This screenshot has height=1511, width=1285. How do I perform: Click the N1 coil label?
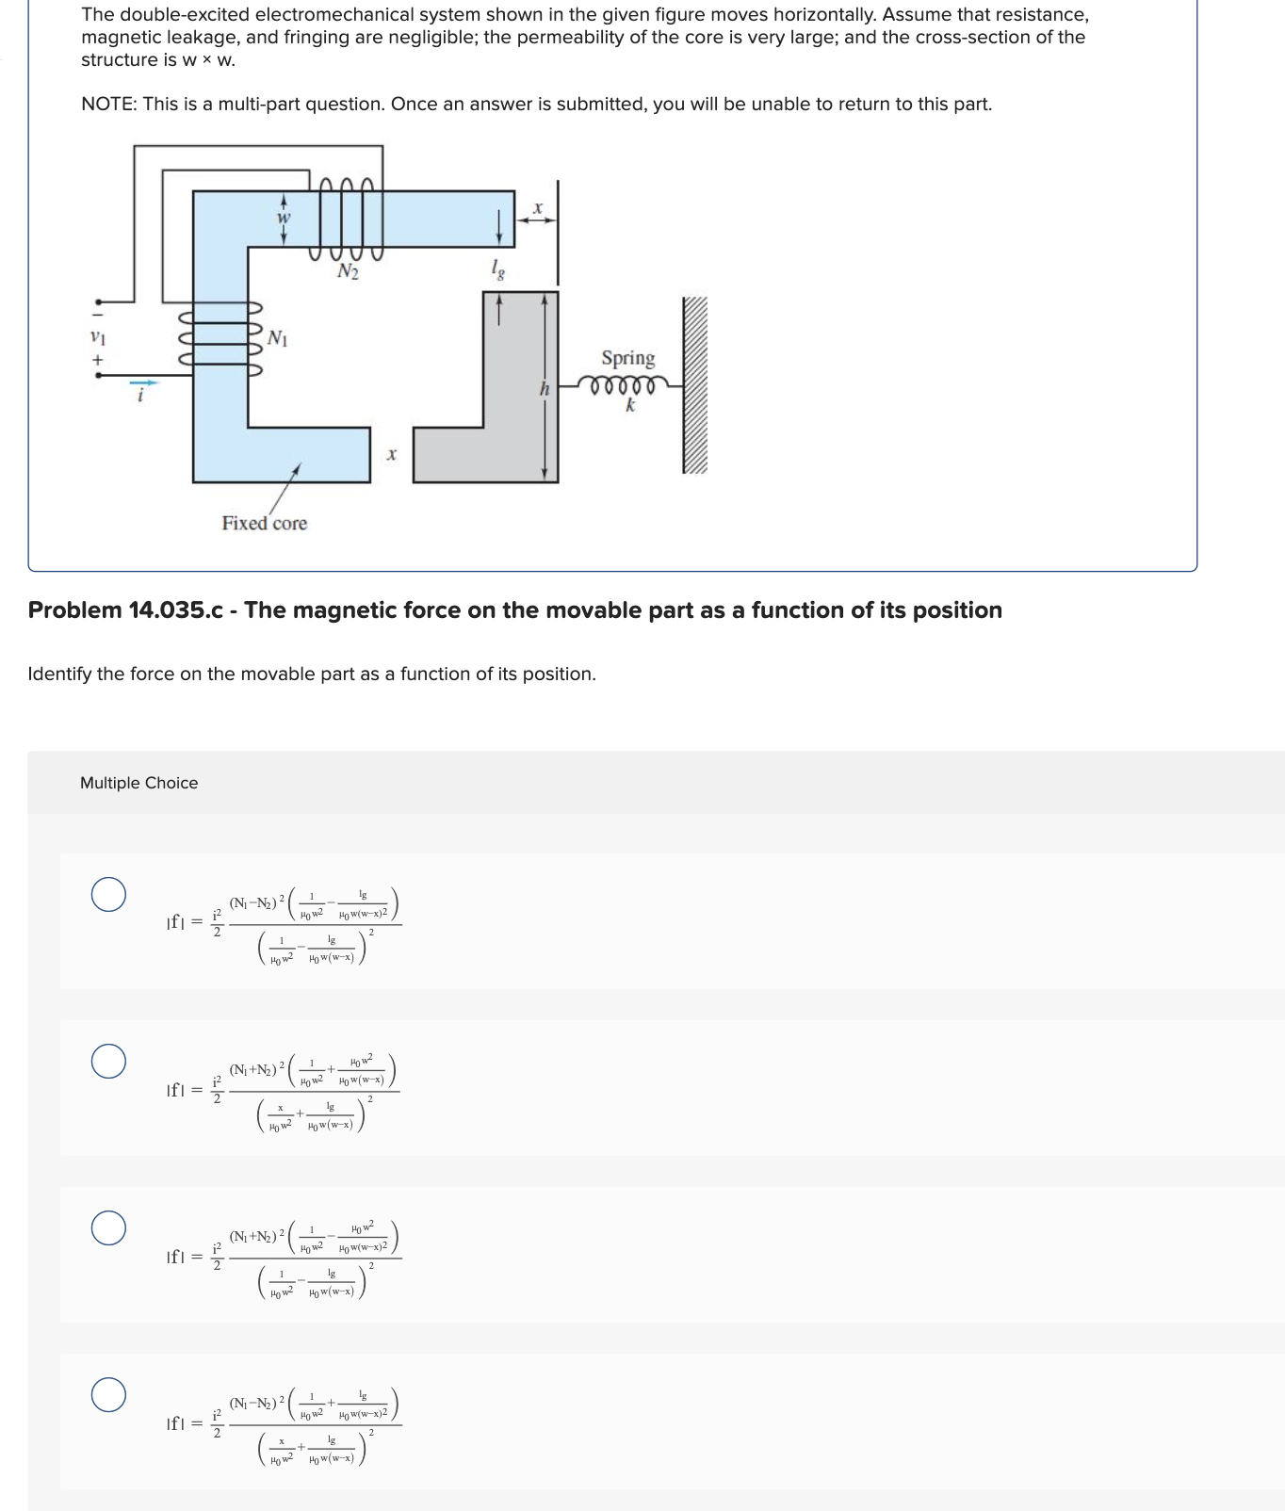(x=278, y=337)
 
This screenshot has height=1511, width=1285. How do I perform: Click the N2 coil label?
(x=348, y=272)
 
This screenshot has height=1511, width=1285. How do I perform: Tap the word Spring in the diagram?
(x=627, y=358)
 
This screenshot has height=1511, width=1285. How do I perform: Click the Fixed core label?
(x=264, y=523)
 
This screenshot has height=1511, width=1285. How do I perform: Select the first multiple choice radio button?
(x=108, y=894)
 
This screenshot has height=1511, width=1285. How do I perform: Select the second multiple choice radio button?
(x=108, y=1061)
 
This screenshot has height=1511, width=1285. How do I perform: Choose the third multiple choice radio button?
(x=108, y=1227)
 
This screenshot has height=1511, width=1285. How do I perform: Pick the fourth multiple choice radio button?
(x=108, y=1394)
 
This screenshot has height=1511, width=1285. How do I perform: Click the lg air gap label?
(x=497, y=269)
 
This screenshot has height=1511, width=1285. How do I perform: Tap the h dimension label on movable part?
(x=544, y=388)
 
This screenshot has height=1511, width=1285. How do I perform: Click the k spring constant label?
(x=630, y=406)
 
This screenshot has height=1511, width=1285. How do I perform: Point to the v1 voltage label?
(x=96, y=336)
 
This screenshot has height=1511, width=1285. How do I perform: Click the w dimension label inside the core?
(x=283, y=219)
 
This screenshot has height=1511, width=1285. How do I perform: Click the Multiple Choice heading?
(x=138, y=783)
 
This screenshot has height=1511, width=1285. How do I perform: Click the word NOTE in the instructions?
(x=107, y=104)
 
